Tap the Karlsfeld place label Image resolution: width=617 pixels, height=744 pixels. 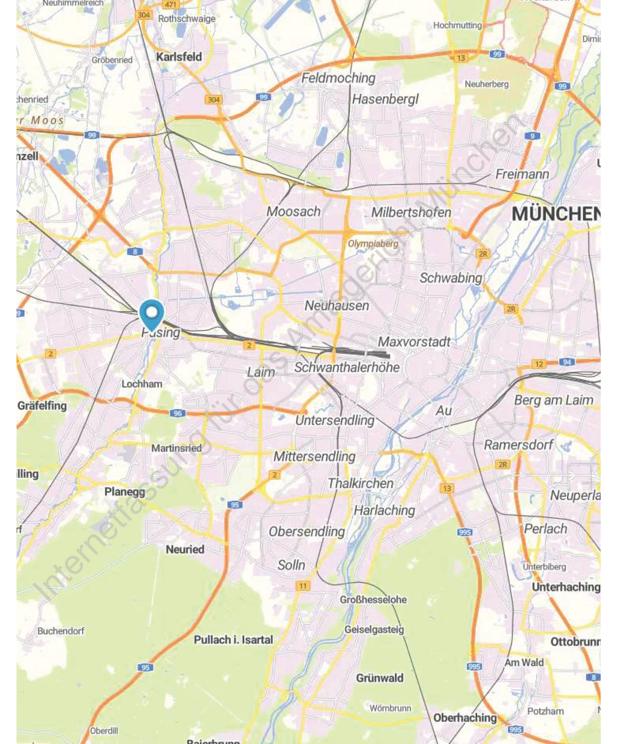coord(179,57)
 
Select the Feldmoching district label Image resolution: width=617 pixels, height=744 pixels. coord(338,78)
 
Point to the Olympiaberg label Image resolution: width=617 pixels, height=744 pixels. coord(373,243)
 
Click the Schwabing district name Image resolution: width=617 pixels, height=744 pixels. coord(451,278)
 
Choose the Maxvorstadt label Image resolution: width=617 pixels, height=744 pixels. coord(414,342)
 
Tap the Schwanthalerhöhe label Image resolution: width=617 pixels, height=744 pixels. coord(347,368)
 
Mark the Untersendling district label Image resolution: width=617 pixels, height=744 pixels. coord(335,421)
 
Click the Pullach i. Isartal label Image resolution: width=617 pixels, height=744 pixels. coord(233,640)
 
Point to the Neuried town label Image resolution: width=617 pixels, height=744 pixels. coord(185,550)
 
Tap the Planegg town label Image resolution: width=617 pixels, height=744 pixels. coord(125,492)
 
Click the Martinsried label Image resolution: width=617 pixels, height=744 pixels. coord(176,448)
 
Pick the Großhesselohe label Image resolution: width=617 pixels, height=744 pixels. coord(373,599)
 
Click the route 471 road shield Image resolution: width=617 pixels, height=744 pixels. coord(170,5)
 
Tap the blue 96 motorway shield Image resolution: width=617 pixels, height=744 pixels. coord(177,413)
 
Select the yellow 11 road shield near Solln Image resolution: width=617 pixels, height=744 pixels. coord(303,586)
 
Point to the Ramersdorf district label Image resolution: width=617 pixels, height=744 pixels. coord(518,445)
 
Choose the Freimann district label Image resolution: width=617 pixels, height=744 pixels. coord(522,174)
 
